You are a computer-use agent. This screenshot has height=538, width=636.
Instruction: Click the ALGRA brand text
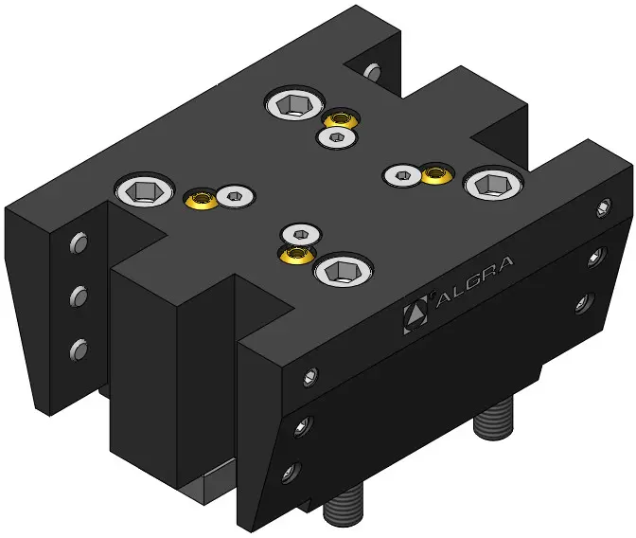474,282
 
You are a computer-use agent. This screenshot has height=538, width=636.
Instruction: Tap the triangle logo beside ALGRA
415,314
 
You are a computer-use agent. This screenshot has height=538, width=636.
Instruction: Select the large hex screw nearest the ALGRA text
344,270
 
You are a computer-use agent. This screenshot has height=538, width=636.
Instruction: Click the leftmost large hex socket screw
145,190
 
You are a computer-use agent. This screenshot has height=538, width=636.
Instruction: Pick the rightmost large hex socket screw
493,185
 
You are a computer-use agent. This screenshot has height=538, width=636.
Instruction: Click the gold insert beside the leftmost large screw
202,199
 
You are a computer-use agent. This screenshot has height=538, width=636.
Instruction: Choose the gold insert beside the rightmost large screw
436,175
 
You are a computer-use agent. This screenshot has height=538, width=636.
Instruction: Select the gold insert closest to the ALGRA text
295,255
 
